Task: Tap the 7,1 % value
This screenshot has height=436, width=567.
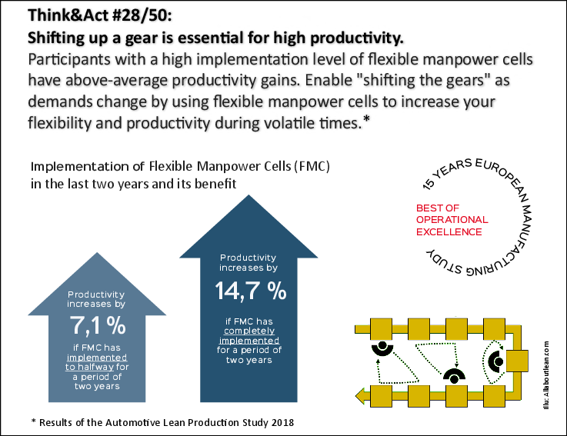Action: pos(96,325)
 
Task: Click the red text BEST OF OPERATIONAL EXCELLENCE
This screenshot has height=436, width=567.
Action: pos(449,220)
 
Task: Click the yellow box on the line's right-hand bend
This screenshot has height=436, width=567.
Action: pos(516,361)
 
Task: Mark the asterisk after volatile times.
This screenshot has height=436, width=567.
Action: pos(367,120)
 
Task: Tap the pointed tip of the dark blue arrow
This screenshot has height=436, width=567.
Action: pos(238,195)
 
